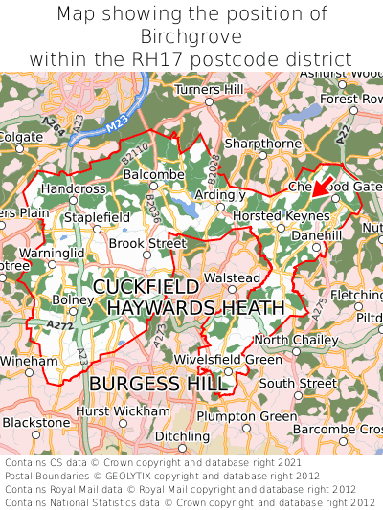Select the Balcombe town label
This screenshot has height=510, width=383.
[x=153, y=175]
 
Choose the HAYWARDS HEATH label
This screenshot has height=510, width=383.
[x=195, y=308]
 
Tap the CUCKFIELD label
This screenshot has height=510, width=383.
[x=146, y=287]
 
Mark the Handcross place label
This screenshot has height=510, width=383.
[x=73, y=189]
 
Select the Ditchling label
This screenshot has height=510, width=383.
[x=182, y=436]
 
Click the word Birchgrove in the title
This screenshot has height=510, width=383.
[x=191, y=36]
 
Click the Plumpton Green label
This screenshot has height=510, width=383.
[x=246, y=416]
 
